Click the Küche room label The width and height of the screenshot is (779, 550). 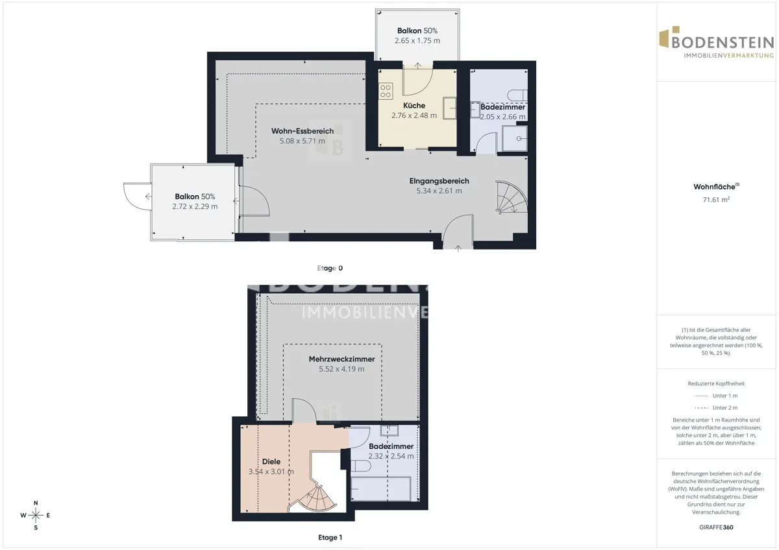tap(414, 105)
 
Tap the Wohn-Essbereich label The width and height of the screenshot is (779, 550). tap(303, 131)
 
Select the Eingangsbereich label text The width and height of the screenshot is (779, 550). tap(439, 181)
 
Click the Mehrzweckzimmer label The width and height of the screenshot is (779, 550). tap(341, 359)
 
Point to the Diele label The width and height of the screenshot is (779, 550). tap(271, 461)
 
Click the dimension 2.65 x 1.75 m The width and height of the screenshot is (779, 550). tap(417, 41)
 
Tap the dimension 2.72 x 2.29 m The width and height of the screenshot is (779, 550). tap(195, 206)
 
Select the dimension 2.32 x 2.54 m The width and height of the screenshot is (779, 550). tap(391, 456)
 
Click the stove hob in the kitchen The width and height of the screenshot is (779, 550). tap(386, 91)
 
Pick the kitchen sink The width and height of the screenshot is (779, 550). tap(449, 108)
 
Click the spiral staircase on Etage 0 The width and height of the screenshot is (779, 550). tap(512, 197)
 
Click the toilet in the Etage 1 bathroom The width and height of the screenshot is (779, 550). tap(361, 466)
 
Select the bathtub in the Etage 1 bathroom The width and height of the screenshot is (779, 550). tap(381, 488)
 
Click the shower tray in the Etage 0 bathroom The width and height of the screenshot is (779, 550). tap(515, 139)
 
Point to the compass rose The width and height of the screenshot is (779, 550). tap(36, 515)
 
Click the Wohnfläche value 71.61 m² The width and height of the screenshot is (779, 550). tap(716, 200)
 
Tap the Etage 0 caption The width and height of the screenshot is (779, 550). tap(330, 269)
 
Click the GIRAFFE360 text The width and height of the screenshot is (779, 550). tap(716, 527)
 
